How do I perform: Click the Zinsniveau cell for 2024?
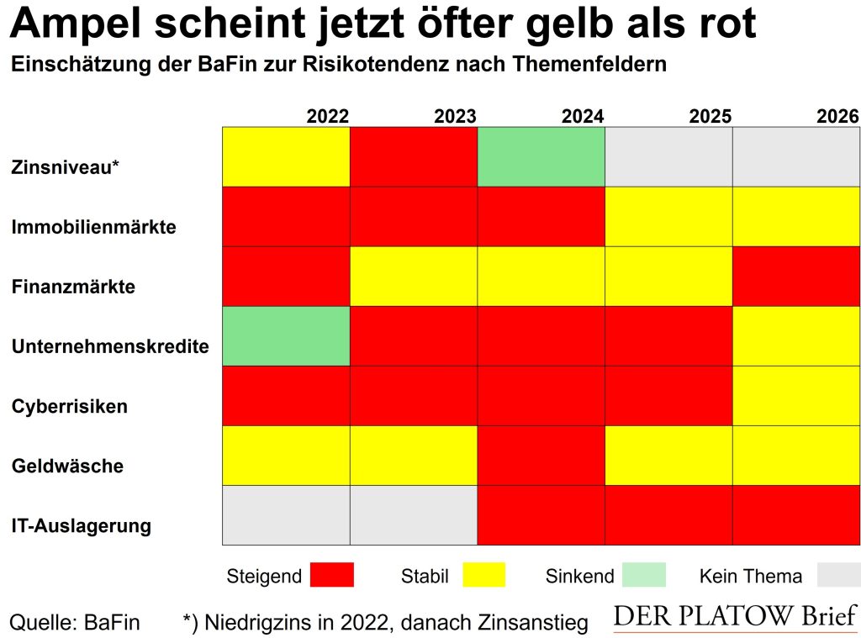pyautogui.click(x=541, y=156)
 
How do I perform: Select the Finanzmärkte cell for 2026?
pyautogui.click(x=796, y=276)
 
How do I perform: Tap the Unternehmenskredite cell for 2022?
pyautogui.click(x=286, y=335)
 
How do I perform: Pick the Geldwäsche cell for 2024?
pyautogui.click(x=541, y=455)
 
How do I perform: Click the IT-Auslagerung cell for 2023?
pyautogui.click(x=413, y=514)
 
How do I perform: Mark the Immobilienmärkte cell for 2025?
pyautogui.click(x=668, y=216)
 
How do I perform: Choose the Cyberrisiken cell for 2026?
pyautogui.click(x=796, y=395)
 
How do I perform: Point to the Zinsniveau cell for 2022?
pyautogui.click(x=286, y=156)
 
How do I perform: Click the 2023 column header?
pyautogui.click(x=455, y=116)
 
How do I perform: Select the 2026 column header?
pyautogui.click(x=837, y=116)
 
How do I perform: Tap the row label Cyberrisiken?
pyautogui.click(x=70, y=407)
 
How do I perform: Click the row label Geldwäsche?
pyautogui.click(x=67, y=467)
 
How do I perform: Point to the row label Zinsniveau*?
pyautogui.click(x=66, y=166)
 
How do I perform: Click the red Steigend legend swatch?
pyautogui.click(x=332, y=575)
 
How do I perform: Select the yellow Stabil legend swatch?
pyautogui.click(x=483, y=575)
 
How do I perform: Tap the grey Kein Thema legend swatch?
pyautogui.click(x=837, y=575)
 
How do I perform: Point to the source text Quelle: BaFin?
pyautogui.click(x=74, y=622)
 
